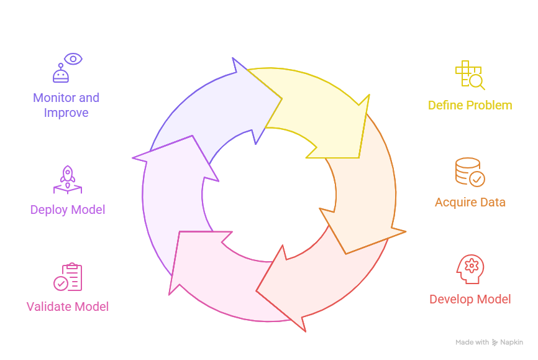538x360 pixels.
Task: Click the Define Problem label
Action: (470, 105)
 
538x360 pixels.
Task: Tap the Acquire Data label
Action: (470, 202)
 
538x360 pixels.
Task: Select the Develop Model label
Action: (470, 299)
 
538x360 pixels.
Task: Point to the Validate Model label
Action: (68, 307)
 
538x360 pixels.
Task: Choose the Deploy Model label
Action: (68, 210)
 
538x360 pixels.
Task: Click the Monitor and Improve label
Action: (66, 105)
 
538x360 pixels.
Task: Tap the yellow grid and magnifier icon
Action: (470, 75)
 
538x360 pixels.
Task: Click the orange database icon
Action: (470, 172)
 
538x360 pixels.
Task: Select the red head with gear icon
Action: (470, 269)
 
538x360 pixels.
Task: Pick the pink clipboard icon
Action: (68, 277)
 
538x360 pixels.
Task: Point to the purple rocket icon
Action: (68, 180)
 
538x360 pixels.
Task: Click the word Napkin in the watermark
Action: (512, 343)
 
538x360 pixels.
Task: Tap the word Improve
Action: (66, 113)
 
